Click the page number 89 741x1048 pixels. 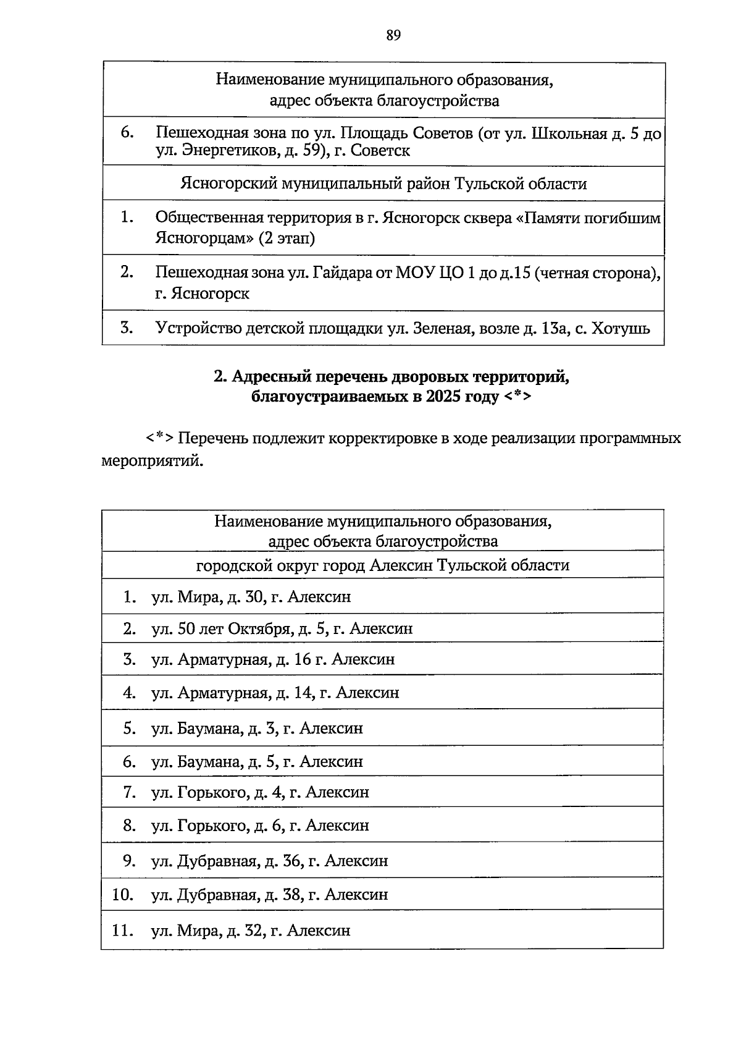coord(393,35)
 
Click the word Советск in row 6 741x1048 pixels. coord(380,151)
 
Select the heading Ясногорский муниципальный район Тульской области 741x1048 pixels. coord(383,184)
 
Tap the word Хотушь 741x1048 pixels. coord(621,328)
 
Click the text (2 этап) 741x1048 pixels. coord(286,239)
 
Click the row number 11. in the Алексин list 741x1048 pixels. coord(123,931)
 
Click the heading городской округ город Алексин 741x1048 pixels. coord(383,565)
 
